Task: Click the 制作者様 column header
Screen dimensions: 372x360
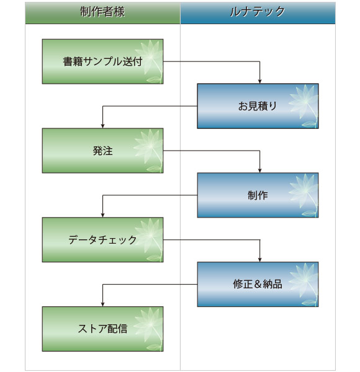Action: [102, 12]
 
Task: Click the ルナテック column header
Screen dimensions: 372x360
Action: [258, 12]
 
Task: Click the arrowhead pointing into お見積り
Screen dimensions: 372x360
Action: [259, 81]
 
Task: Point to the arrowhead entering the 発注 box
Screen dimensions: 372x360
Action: [102, 125]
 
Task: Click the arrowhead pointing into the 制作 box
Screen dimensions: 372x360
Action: [259, 170]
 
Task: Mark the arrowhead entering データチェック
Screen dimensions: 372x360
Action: [102, 215]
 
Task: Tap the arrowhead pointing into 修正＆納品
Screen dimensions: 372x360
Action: [259, 259]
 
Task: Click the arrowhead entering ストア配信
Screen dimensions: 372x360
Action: [102, 303]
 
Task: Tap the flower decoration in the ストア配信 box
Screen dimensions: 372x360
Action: [149, 327]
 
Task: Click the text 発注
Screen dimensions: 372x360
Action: [102, 151]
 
